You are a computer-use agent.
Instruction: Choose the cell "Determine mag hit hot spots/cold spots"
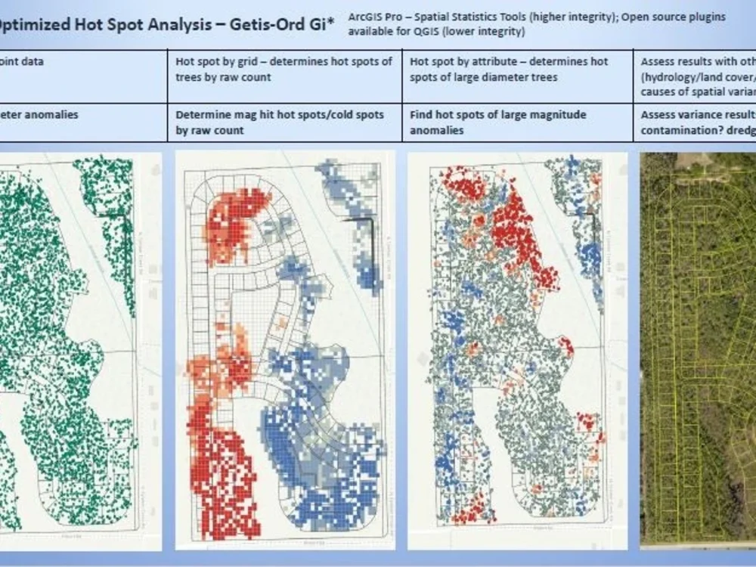(280, 122)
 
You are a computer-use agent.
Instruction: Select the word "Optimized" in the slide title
(38, 23)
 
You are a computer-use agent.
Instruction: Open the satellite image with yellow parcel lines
(698, 348)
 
